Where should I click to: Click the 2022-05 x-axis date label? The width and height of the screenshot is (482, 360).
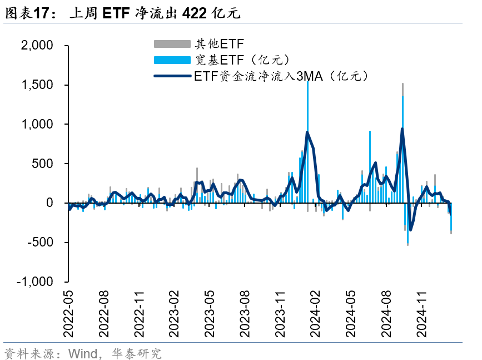click(68, 315)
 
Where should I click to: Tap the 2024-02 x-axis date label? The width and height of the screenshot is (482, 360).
click(315, 315)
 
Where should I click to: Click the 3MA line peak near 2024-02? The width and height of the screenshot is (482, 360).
click(307, 132)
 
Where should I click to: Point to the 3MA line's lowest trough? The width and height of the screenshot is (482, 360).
click(411, 230)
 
